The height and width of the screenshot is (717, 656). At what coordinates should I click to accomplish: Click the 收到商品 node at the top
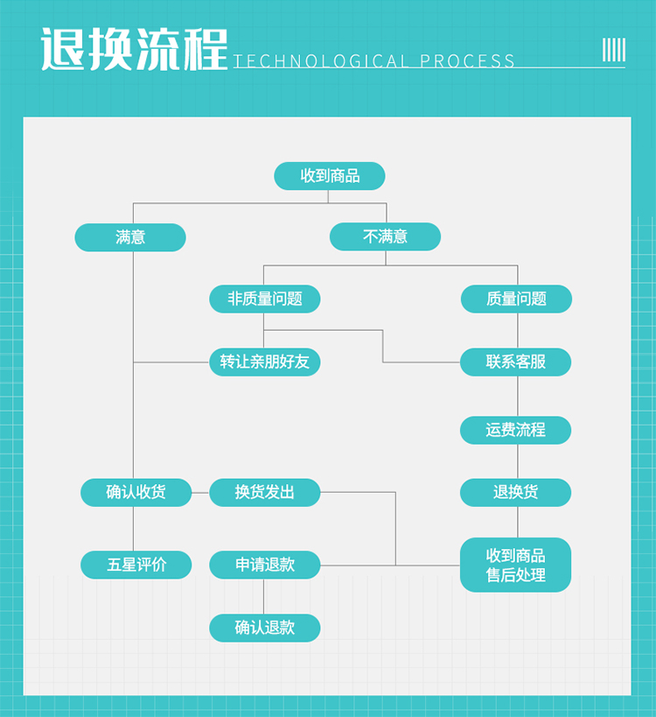330,176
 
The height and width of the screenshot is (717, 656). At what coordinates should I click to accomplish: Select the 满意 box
130,237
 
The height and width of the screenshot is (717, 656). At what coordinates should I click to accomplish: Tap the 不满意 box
385,236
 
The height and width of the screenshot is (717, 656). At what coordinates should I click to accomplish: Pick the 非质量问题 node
264,299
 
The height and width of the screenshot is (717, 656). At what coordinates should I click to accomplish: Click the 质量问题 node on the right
516,299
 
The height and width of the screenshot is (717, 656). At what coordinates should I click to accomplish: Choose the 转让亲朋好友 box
264,362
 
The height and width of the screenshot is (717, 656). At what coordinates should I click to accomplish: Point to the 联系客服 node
516,362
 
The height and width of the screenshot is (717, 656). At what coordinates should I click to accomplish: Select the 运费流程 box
516,430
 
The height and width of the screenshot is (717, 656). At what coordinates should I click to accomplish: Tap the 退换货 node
516,492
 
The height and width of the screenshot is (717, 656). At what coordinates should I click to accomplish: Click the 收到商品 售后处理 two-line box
516,565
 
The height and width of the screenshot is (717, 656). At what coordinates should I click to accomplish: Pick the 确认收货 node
136,492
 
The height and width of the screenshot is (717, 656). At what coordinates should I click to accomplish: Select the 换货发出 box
264,492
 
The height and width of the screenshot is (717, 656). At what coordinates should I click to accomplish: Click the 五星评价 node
136,565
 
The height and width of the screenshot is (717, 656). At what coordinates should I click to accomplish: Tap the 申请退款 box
264,565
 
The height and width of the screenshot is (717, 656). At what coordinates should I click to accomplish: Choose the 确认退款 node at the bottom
264,628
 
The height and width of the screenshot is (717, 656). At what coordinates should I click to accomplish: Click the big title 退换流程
134,49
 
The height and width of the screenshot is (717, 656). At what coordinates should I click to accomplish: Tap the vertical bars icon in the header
614,49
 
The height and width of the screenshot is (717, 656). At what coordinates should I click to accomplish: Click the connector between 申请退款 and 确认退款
264,596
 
